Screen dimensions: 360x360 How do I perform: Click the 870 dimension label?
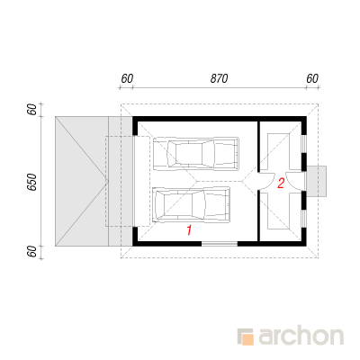pyautogui.click(x=219, y=78)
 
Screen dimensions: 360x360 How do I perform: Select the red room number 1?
pyautogui.click(x=189, y=230)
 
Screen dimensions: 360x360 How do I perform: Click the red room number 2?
pyautogui.click(x=281, y=184)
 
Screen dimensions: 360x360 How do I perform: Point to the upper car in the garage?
pyautogui.click(x=196, y=154)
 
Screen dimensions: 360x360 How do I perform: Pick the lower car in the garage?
pyautogui.click(x=192, y=204)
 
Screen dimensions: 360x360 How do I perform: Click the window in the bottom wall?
pyautogui.click(x=220, y=244)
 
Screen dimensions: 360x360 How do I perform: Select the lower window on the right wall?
pyautogui.click(x=304, y=219)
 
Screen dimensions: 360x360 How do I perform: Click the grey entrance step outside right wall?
pyautogui.click(x=317, y=181)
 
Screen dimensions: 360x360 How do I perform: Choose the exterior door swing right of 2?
pyautogui.click(x=294, y=181)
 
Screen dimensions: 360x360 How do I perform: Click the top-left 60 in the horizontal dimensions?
pyautogui.click(x=127, y=78)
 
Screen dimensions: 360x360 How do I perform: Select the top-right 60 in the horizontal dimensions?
pyautogui.click(x=312, y=78)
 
